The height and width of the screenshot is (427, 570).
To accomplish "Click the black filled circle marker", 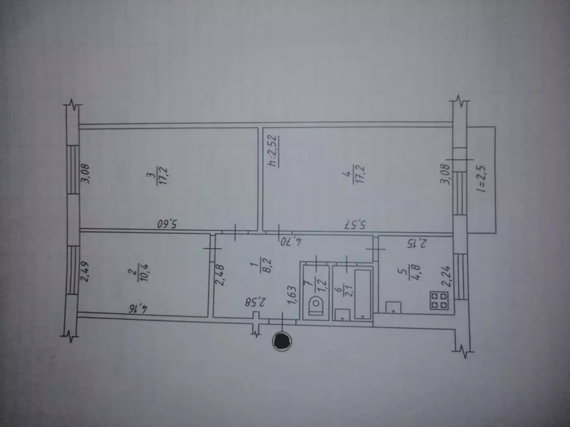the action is [282, 341].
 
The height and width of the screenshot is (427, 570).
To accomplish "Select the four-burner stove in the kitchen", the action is [439, 300].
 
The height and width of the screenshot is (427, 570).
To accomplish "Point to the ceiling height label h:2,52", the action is [273, 151].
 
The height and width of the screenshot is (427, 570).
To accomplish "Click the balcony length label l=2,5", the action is [481, 179].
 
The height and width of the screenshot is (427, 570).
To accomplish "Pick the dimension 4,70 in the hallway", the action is [291, 242].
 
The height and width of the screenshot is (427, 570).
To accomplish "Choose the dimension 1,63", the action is [292, 295].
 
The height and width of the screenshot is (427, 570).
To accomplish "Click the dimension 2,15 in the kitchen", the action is [416, 244].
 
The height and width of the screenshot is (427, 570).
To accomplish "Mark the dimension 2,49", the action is [85, 271].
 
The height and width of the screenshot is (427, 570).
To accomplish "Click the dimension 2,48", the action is [220, 275].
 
